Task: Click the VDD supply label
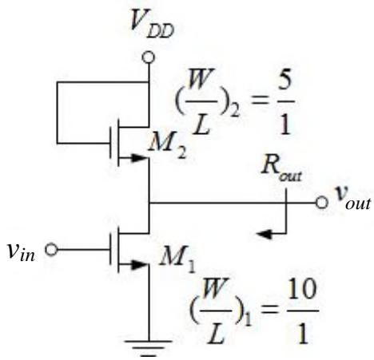click(152, 23)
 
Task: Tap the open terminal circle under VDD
click(148, 57)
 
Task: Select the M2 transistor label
click(167, 146)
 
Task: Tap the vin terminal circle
click(51, 250)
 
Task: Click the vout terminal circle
click(321, 203)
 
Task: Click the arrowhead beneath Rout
click(265, 234)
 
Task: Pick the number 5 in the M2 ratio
click(284, 85)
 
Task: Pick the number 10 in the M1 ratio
click(302, 290)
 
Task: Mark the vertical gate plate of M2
click(111, 143)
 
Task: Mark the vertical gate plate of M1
click(111, 250)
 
